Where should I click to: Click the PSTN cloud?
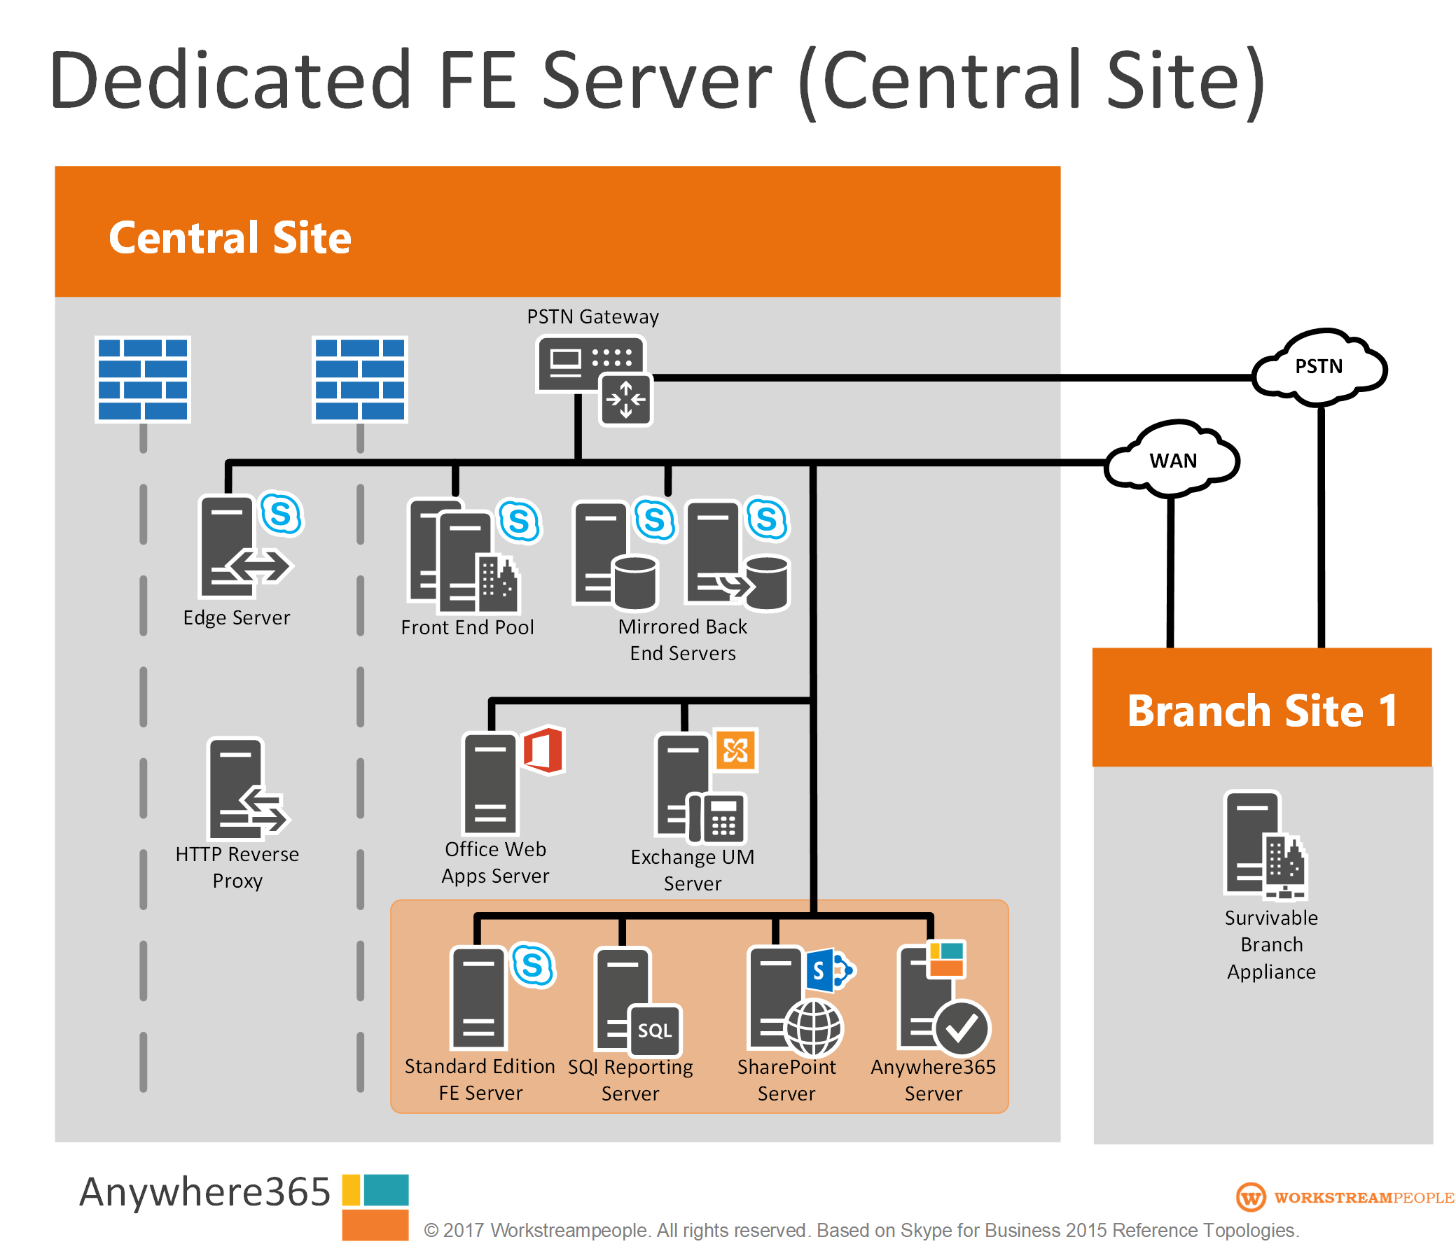point(1319,367)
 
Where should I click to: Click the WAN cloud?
point(1172,461)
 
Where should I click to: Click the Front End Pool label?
point(467,627)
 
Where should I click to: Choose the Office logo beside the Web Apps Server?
point(543,750)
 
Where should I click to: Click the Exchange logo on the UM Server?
point(736,750)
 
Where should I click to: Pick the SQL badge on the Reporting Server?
point(655,1030)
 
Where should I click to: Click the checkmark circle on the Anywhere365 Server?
point(962,1028)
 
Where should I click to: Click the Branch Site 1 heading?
point(1262,710)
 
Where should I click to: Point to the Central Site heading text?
point(230,237)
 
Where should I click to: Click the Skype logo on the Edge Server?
point(281,514)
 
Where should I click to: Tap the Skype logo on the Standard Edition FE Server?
point(533,966)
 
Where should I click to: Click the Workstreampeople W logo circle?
point(1251,1198)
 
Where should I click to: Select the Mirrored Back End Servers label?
point(682,640)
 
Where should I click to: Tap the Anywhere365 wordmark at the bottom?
point(204,1192)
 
